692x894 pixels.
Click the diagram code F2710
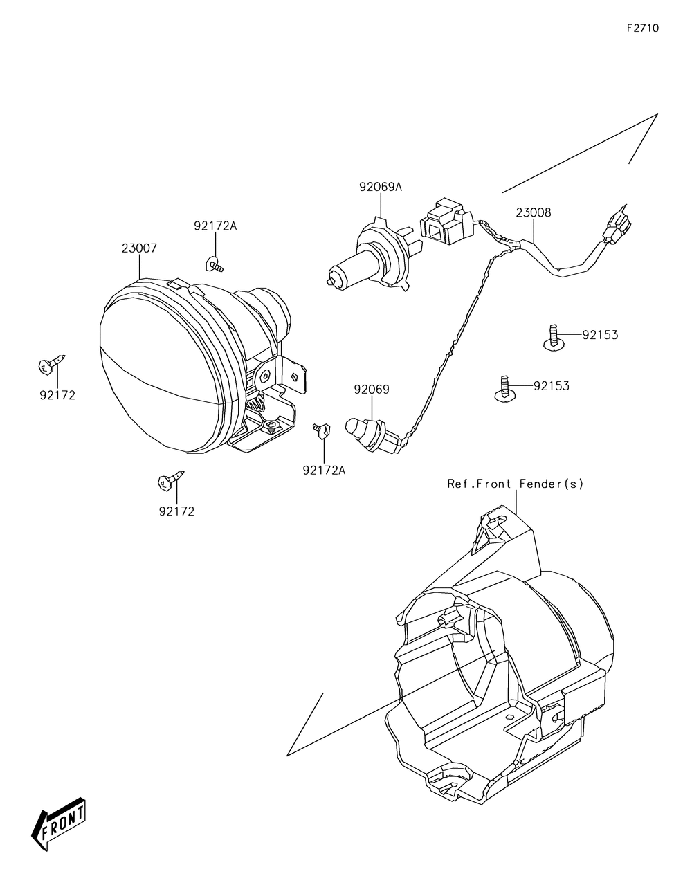[x=643, y=28]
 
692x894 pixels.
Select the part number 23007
[x=139, y=248]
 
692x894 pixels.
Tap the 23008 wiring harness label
[x=533, y=213]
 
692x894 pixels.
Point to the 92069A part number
[x=380, y=187]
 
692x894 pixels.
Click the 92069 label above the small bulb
[x=372, y=390]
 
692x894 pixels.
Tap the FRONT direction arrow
[x=60, y=825]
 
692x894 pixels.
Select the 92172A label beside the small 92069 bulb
[x=323, y=471]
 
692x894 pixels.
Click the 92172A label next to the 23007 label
[x=215, y=226]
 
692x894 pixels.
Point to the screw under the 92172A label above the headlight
[x=214, y=264]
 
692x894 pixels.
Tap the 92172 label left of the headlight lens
[x=57, y=396]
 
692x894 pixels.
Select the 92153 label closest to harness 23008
[x=599, y=335]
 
